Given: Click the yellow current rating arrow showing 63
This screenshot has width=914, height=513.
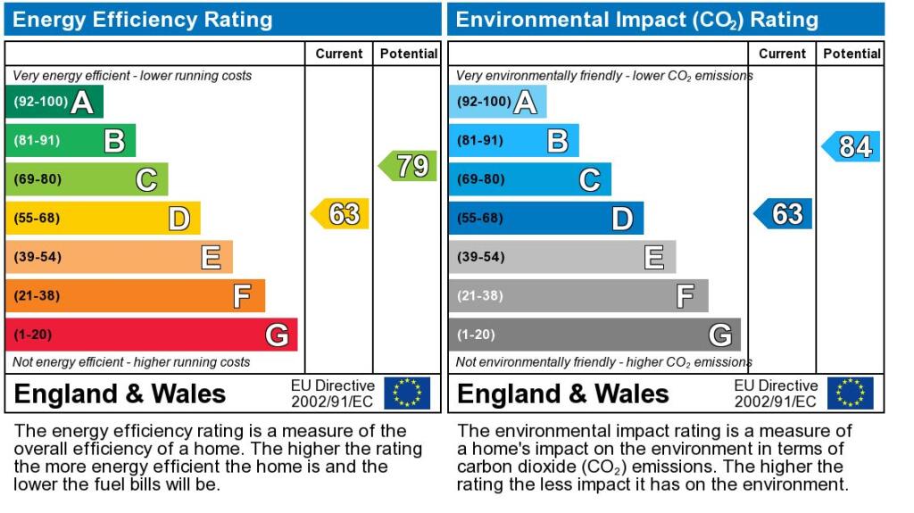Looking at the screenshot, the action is click(x=340, y=213).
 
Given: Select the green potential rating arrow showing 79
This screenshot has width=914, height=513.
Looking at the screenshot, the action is click(x=408, y=166).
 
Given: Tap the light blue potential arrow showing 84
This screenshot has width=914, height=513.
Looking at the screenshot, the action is click(x=851, y=146).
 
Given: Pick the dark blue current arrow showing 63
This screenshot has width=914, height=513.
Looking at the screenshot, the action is click(x=783, y=213).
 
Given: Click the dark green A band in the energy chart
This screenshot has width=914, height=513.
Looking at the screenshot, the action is click(x=54, y=102).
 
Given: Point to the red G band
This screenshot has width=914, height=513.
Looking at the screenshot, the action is click(x=152, y=335).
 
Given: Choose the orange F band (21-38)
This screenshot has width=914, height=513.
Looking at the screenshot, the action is click(x=136, y=295).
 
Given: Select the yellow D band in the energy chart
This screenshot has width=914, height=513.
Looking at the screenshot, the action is click(x=103, y=218).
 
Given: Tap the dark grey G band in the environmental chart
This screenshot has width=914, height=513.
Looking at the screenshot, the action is click(x=594, y=335).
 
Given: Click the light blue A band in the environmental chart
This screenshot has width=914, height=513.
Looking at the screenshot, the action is click(x=498, y=102).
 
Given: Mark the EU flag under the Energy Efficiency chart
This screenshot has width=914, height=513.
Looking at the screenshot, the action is click(x=407, y=393).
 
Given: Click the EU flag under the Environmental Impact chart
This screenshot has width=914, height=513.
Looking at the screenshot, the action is click(x=851, y=393).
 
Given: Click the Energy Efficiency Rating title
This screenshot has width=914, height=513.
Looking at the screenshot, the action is click(x=142, y=20).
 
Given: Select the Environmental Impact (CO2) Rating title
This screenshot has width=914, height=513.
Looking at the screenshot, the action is click(x=637, y=20).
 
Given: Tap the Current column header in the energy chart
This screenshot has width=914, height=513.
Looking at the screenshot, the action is click(x=339, y=54).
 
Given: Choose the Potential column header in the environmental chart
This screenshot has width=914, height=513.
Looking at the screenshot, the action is click(x=852, y=54).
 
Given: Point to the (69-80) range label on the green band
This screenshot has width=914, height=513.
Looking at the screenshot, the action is click(x=37, y=179).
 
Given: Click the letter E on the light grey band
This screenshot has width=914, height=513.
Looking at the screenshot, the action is click(x=654, y=257).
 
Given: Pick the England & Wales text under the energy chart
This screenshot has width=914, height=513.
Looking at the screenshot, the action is click(x=120, y=394).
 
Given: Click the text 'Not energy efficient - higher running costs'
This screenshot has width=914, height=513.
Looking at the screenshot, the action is click(x=131, y=362).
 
